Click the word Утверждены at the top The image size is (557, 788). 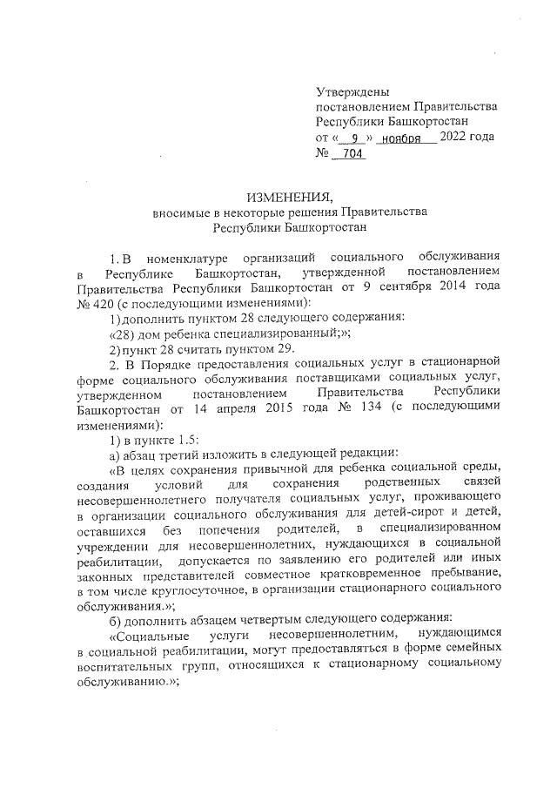click(352, 91)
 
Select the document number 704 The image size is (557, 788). click(353, 154)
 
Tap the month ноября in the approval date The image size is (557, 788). click(406, 138)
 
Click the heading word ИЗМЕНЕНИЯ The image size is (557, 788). click(278, 195)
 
